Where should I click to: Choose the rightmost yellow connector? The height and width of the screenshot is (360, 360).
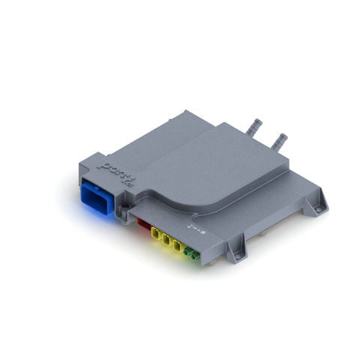point(179,247)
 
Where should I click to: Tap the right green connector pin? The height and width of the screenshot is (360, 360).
point(196,256)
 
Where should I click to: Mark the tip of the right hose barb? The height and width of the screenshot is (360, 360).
point(284,136)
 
